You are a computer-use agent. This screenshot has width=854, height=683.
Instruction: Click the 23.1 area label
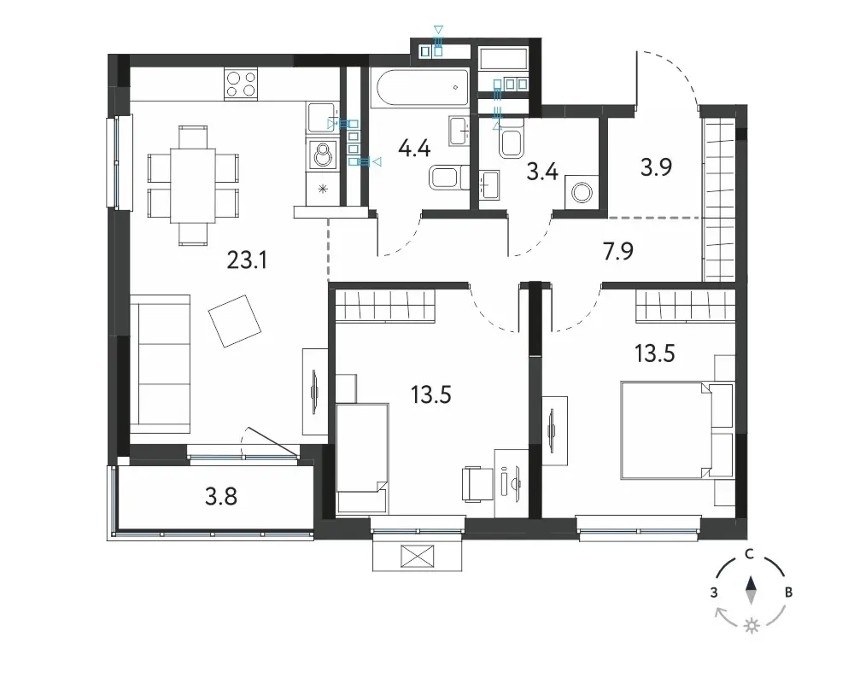pyautogui.click(x=248, y=261)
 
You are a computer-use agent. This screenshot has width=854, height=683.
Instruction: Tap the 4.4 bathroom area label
pyautogui.click(x=414, y=149)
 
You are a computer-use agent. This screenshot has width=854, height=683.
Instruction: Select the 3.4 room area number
pyautogui.click(x=542, y=172)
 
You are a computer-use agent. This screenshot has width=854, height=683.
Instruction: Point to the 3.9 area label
pyautogui.click(x=656, y=167)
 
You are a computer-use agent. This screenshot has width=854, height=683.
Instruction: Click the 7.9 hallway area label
pyautogui.click(x=618, y=252)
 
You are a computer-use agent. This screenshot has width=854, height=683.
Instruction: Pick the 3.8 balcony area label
pyautogui.click(x=221, y=497)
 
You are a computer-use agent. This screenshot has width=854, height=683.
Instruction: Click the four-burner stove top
pyautogui.click(x=241, y=85)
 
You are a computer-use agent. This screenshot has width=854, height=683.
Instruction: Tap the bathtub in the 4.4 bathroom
pyautogui.click(x=420, y=87)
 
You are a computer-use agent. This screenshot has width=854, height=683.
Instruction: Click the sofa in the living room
pyautogui.click(x=161, y=364)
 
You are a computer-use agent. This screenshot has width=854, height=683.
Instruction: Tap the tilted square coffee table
pyautogui.click(x=235, y=321)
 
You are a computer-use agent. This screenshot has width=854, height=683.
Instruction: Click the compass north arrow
pyautogui.click(x=751, y=590)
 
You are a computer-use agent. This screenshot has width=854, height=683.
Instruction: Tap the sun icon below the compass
pyautogui.click(x=752, y=626)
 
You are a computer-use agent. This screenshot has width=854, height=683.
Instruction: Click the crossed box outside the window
pyautogui.click(x=418, y=557)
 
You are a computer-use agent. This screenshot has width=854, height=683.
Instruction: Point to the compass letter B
pyautogui.click(x=788, y=593)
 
